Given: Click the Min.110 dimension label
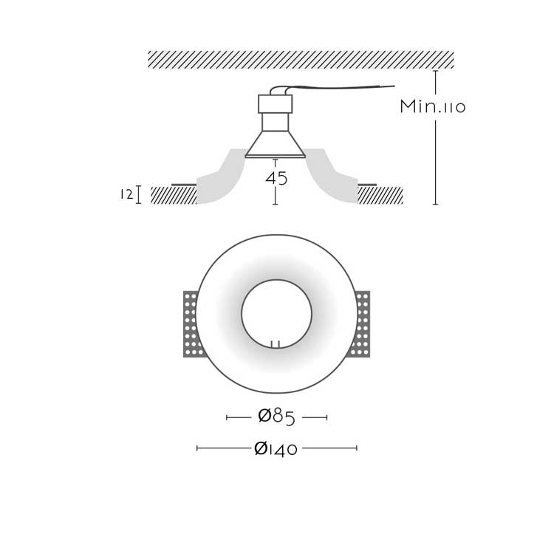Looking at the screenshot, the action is point(432,106).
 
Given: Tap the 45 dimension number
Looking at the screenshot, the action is point(276,179).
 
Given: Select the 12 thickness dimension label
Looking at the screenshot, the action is point(126,194).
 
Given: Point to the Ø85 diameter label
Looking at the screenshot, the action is point(276,417).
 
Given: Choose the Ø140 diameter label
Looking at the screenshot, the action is point(276,448).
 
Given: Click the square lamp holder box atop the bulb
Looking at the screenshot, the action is point(276,104).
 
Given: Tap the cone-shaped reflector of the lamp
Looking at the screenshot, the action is point(276,144).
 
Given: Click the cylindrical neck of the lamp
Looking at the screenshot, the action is point(276,122).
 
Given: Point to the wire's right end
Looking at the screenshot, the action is point(394,86).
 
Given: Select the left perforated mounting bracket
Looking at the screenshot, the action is point(191,324).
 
